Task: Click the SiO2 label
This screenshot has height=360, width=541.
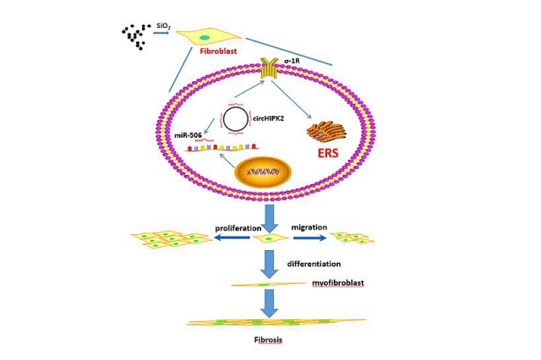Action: click(x=164, y=25)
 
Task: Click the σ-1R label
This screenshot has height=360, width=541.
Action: click(x=294, y=60)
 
